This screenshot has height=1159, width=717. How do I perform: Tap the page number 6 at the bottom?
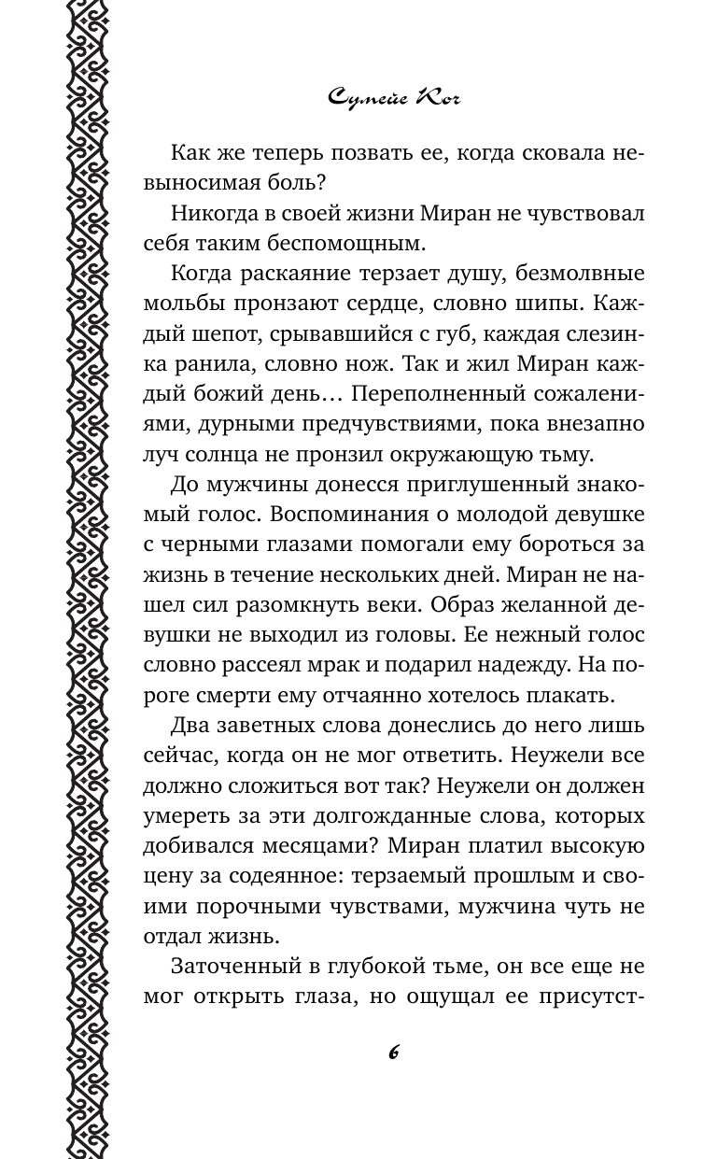tap(393, 1051)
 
